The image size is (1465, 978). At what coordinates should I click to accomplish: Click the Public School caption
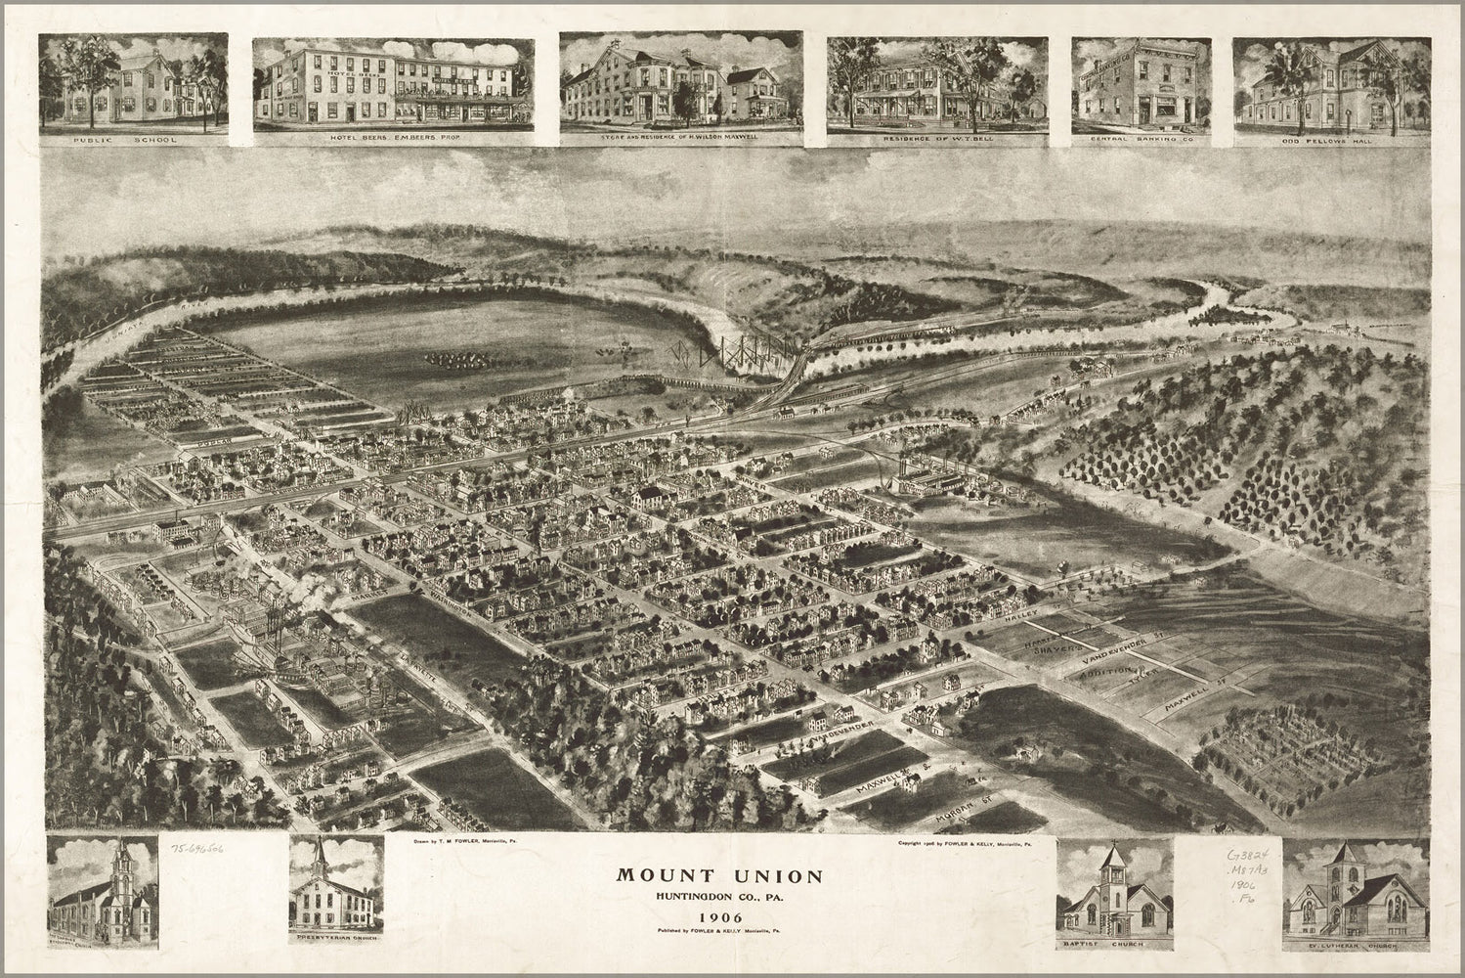pos(134,140)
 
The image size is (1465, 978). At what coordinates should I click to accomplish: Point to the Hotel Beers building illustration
pos(393,86)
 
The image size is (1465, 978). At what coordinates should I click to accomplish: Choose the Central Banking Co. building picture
pos(1142,86)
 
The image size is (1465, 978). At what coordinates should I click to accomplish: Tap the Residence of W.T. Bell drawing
pos(936,86)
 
